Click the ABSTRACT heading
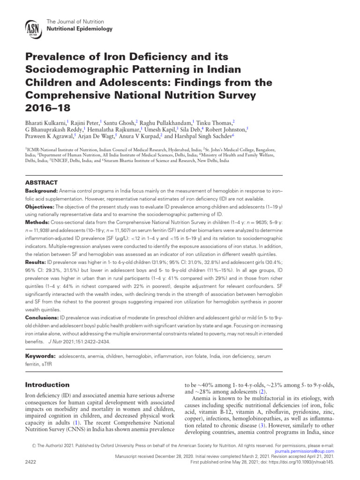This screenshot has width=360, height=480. click(41, 183)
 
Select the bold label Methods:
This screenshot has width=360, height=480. click(37, 221)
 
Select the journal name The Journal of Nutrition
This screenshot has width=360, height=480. click(75, 22)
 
